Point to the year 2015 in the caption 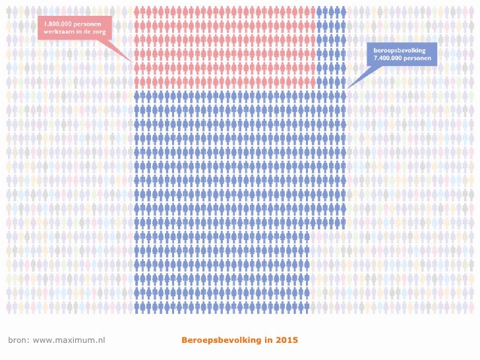[x=287, y=340]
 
